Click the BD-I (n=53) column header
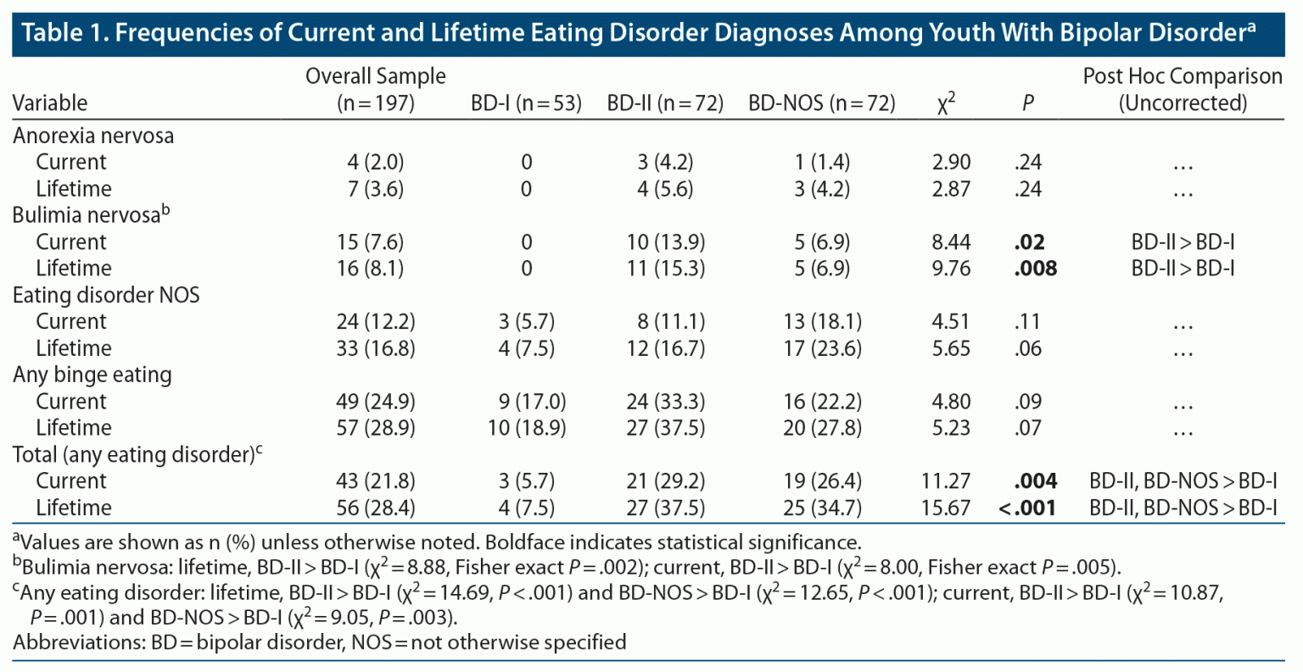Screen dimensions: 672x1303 (526, 103)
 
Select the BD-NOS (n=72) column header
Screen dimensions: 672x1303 (821, 103)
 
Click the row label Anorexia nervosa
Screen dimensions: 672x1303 (93, 136)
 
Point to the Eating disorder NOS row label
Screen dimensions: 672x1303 (106, 295)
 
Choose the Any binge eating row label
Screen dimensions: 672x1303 (92, 375)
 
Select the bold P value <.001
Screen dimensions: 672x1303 (1027, 508)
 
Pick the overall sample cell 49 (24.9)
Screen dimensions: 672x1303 (376, 402)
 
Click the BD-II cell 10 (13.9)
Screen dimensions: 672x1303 (665, 242)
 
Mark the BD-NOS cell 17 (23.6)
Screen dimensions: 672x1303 (822, 348)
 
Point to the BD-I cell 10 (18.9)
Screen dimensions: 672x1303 (526, 428)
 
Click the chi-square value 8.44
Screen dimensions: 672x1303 (951, 242)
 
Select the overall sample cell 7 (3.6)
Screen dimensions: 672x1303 (376, 189)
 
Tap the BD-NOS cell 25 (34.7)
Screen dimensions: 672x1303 (822, 508)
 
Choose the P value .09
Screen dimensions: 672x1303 (1027, 402)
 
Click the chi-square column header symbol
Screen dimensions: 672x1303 (946, 103)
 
